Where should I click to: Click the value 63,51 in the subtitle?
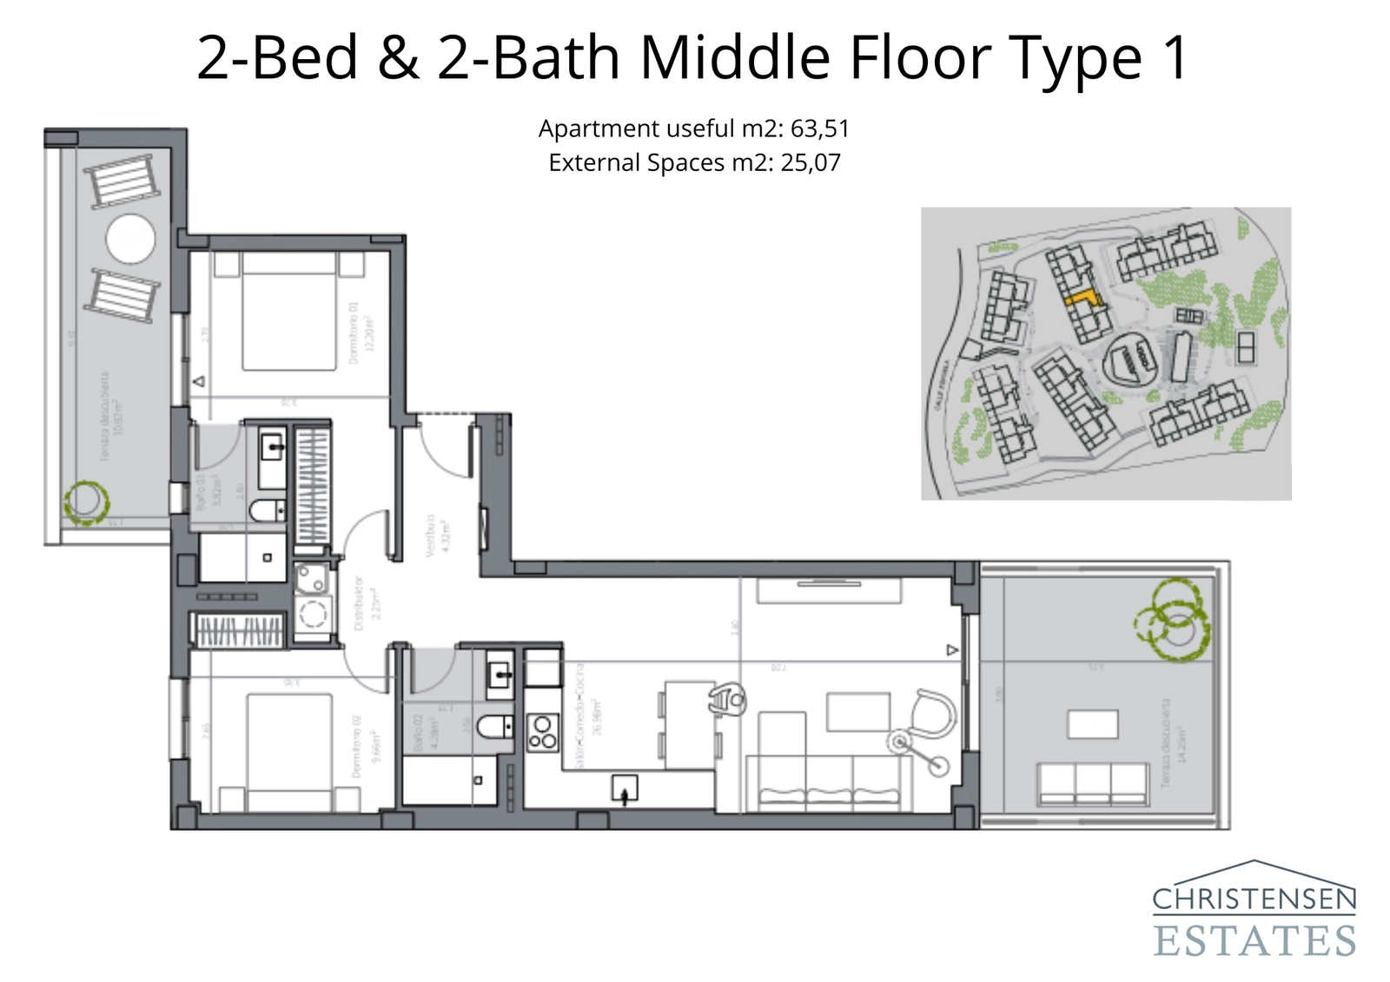tap(819, 129)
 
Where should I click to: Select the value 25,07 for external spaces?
tap(810, 162)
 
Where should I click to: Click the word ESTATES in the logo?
tap(1254, 941)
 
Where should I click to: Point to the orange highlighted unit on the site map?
tap(1082, 298)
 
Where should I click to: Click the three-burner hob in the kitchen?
tap(543, 731)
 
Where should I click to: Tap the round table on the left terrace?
tap(130, 237)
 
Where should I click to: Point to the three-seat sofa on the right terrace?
tap(1093, 782)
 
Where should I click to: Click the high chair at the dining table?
tap(728, 698)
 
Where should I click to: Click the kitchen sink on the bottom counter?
tap(625, 788)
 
